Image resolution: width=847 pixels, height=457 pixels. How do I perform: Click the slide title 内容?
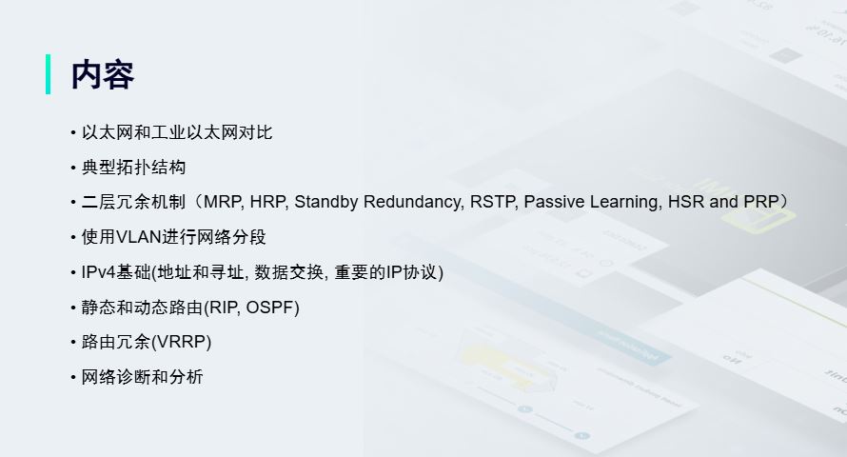pyautogui.click(x=103, y=74)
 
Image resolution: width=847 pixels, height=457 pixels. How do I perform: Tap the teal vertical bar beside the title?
pyautogui.click(x=49, y=74)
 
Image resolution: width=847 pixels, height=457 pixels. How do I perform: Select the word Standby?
pyautogui.click(x=325, y=202)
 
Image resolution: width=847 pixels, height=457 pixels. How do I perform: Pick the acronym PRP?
pyautogui.click(x=761, y=202)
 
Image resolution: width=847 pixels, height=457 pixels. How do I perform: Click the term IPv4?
pyautogui.click(x=98, y=271)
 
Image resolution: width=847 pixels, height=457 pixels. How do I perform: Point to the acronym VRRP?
pyautogui.click(x=182, y=342)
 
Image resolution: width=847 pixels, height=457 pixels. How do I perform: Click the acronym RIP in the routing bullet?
pyautogui.click(x=224, y=307)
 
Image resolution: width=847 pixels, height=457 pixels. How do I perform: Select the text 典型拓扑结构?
pyautogui.click(x=133, y=167)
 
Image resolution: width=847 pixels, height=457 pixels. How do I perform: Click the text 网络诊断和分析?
pyautogui.click(x=142, y=376)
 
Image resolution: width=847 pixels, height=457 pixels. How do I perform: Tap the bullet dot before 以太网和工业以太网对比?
pyautogui.click(x=73, y=132)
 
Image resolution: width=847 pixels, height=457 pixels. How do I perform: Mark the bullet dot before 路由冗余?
pyautogui.click(x=73, y=342)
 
